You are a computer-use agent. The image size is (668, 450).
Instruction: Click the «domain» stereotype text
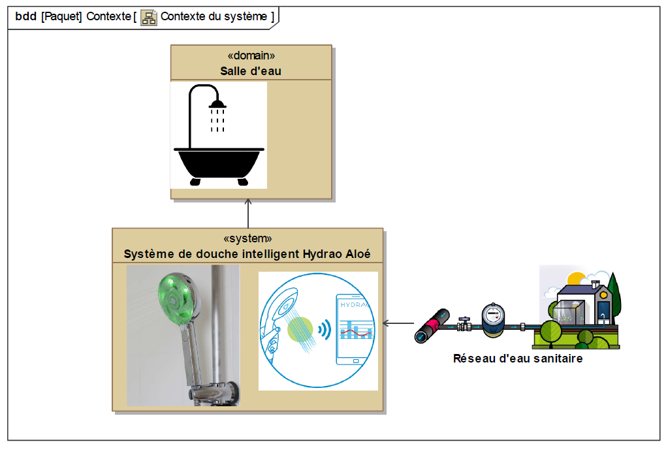(251, 56)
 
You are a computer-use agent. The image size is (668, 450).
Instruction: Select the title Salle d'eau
(251, 71)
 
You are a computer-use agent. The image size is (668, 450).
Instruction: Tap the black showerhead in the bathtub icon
(217, 104)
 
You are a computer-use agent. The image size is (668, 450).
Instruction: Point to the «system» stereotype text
(247, 238)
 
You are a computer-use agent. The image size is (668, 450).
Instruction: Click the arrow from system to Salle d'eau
(248, 212)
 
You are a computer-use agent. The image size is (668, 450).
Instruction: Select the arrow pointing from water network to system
(398, 323)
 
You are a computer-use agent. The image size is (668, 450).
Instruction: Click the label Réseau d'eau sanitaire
(518, 358)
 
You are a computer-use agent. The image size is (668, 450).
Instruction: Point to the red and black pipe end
(432, 327)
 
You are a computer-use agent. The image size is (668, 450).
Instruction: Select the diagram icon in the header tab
(149, 17)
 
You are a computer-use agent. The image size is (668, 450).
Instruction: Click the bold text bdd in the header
(25, 17)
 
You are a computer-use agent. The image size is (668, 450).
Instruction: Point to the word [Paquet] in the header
(61, 17)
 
